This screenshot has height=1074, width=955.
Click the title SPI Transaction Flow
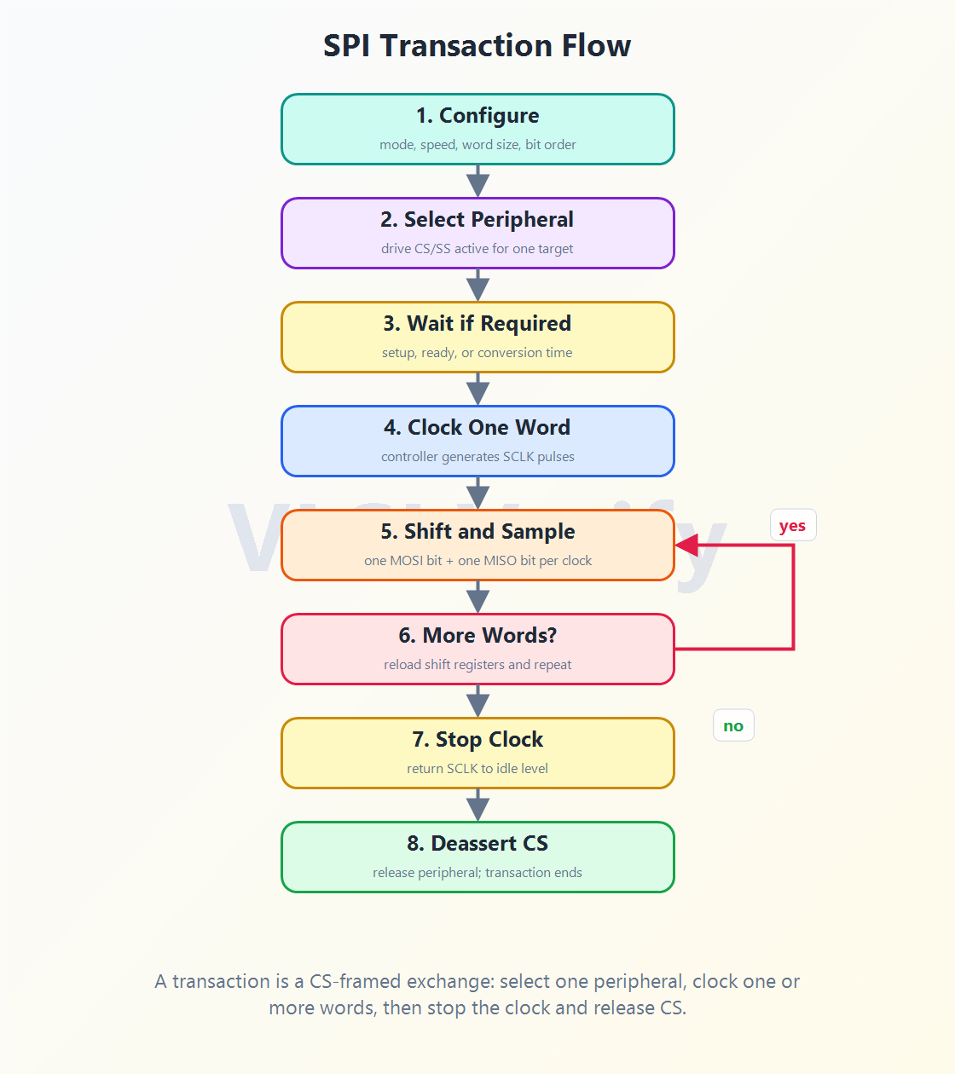477,45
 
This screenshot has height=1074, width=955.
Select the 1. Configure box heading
477,116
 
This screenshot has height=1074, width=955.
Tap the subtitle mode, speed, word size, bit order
477,145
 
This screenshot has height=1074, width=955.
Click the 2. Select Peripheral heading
477,219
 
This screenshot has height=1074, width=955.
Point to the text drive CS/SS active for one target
477,249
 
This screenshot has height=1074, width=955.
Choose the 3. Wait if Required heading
477,323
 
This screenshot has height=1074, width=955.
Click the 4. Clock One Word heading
477,427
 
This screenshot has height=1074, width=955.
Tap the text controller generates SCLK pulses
477,456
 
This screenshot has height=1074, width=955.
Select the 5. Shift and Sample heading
477,531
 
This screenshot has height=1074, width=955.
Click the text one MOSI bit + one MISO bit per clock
477,560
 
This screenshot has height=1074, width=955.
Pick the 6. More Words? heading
477,635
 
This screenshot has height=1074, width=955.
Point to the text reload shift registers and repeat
477,664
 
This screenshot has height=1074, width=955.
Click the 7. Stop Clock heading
477,739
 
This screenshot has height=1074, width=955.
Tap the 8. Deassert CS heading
477,843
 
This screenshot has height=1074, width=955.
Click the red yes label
792,525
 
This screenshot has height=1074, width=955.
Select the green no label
733,725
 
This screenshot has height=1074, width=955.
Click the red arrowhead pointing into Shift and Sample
686,545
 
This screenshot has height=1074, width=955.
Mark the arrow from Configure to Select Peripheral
477,181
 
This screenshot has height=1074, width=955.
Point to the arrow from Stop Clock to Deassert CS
477,805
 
